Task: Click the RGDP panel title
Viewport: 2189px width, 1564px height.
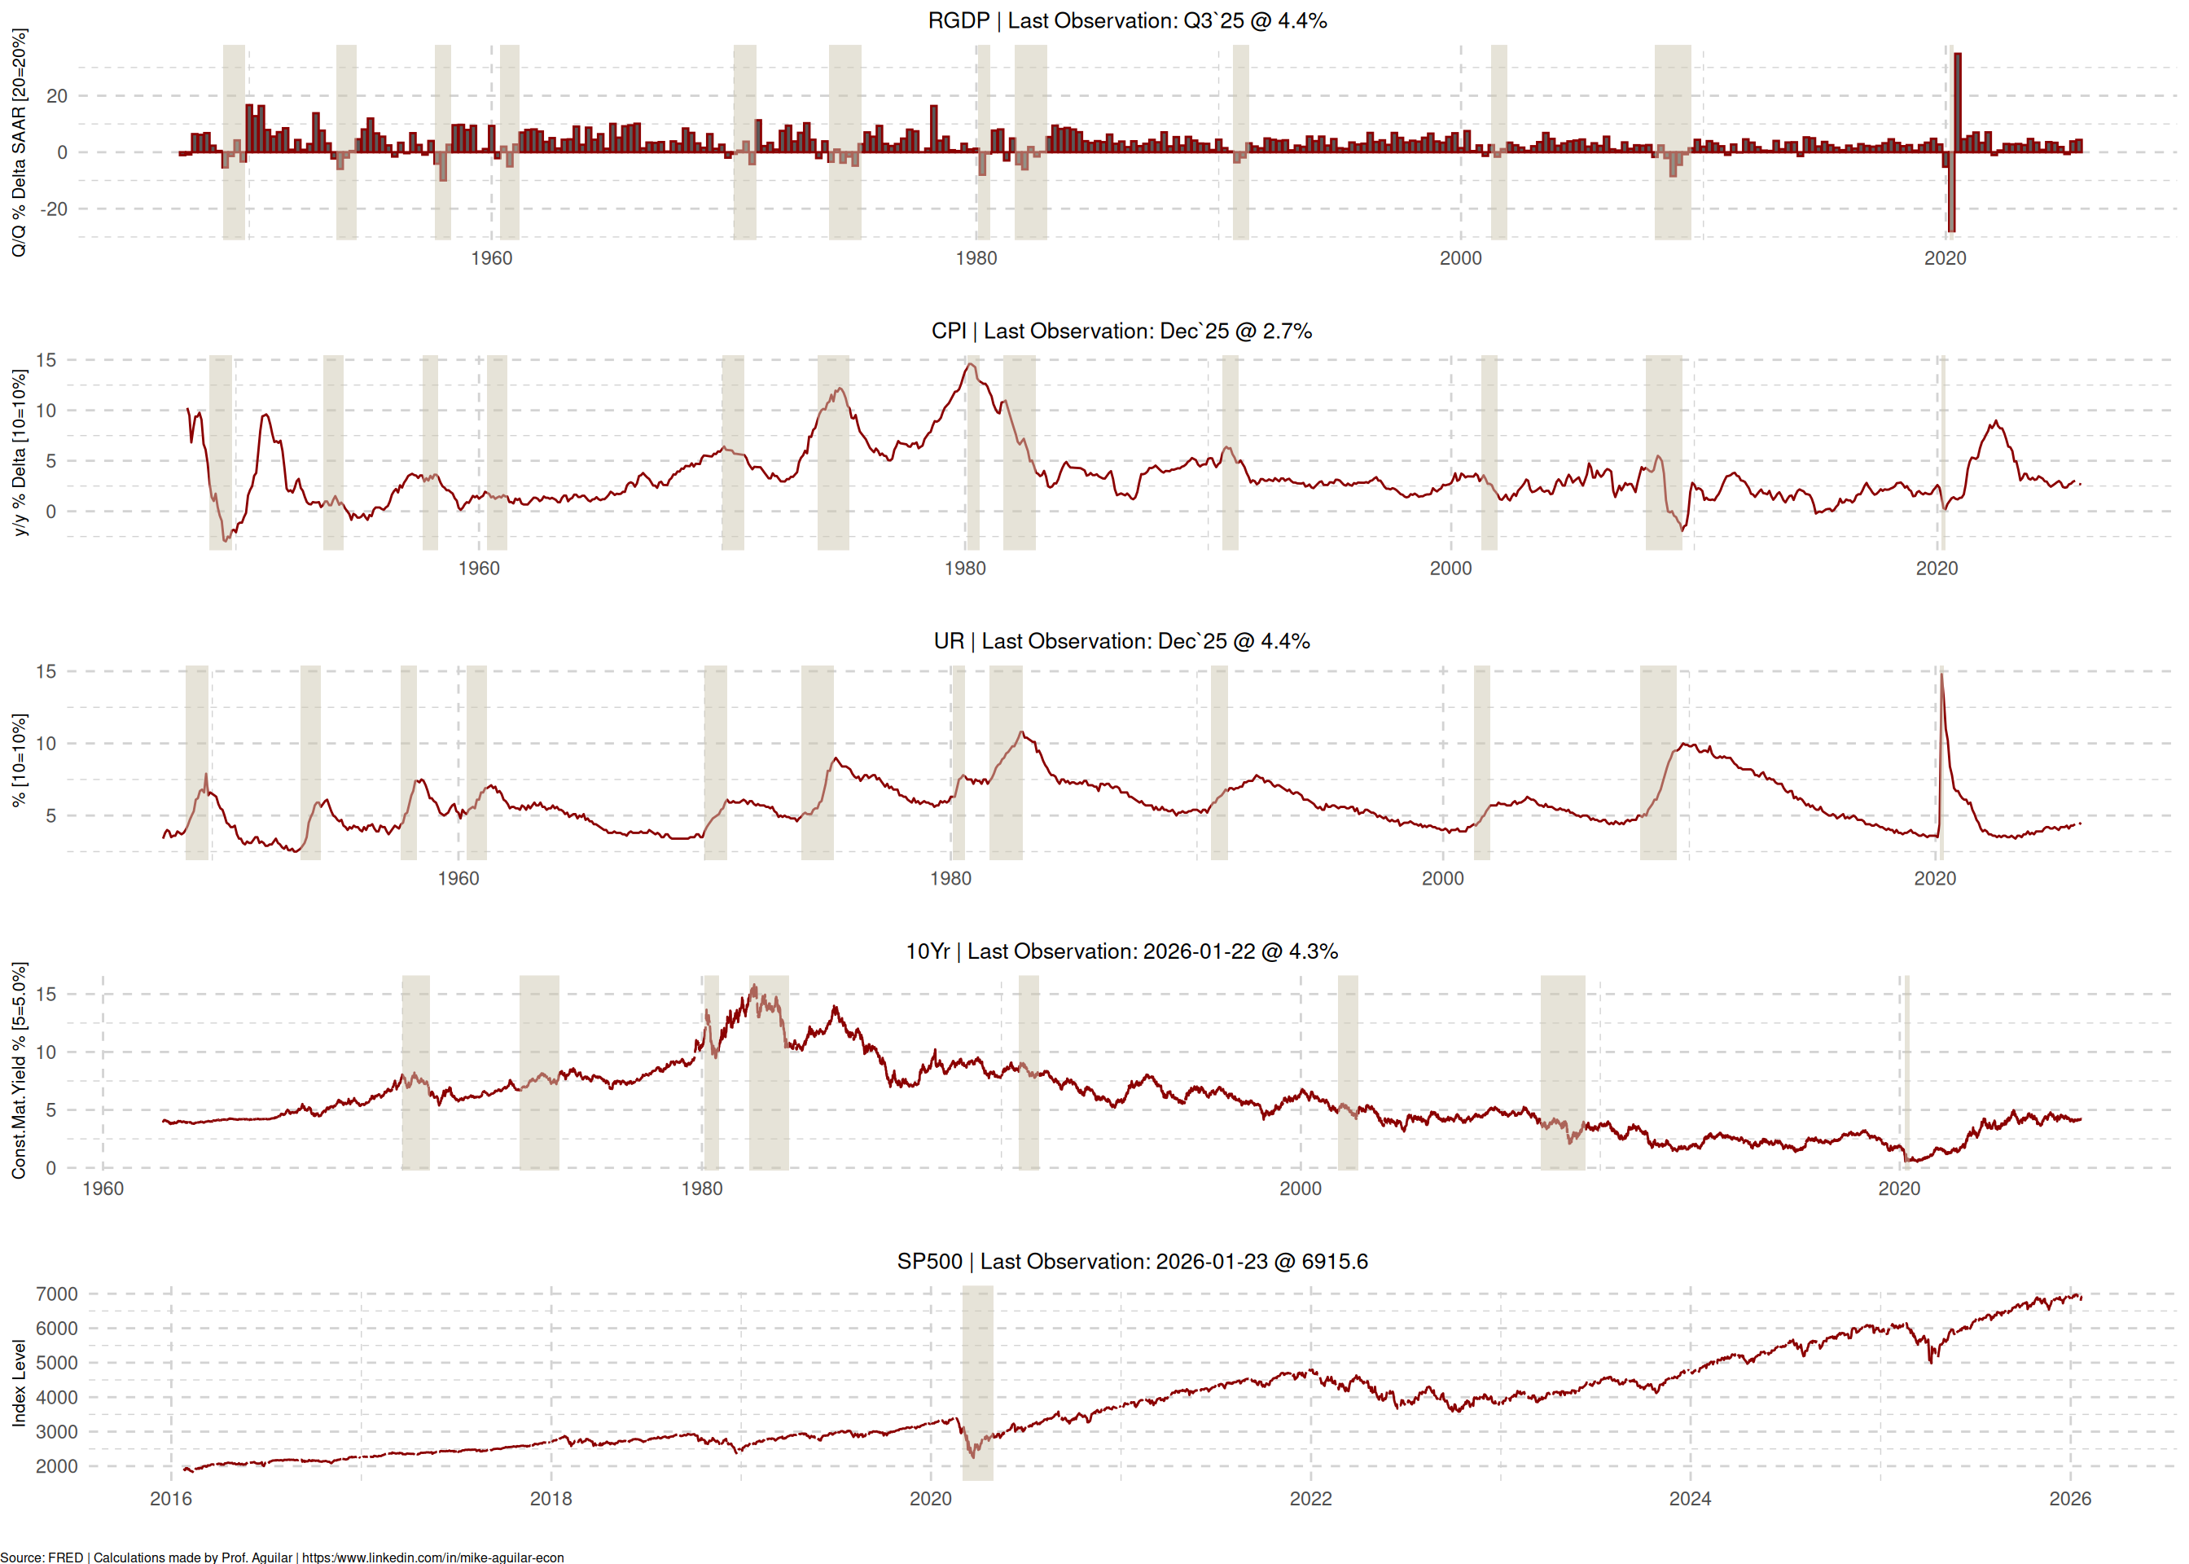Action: tap(1127, 21)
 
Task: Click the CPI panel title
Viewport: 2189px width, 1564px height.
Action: tap(1121, 332)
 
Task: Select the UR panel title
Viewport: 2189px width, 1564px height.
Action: tap(1121, 641)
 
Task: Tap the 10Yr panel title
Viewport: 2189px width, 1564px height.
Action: tap(1121, 951)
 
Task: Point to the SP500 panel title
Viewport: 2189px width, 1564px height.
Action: tap(1132, 1262)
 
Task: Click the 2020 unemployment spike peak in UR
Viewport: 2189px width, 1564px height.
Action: tap(1941, 674)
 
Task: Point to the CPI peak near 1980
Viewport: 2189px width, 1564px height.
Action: tap(972, 365)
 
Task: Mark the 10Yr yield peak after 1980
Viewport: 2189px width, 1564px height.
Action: tap(754, 986)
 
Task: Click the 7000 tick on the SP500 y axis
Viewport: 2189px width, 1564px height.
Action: tap(57, 1294)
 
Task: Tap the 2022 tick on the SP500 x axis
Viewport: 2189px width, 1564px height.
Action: tap(1310, 1500)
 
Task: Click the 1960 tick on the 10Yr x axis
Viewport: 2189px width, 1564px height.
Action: tap(103, 1189)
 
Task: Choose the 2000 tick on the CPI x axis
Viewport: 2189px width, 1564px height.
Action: tap(1450, 569)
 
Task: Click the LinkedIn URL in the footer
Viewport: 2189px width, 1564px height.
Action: tap(432, 1557)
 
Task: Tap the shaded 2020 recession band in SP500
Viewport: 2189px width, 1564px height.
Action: tap(977, 1383)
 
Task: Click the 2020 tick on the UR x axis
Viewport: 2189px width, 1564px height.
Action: tap(1935, 879)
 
